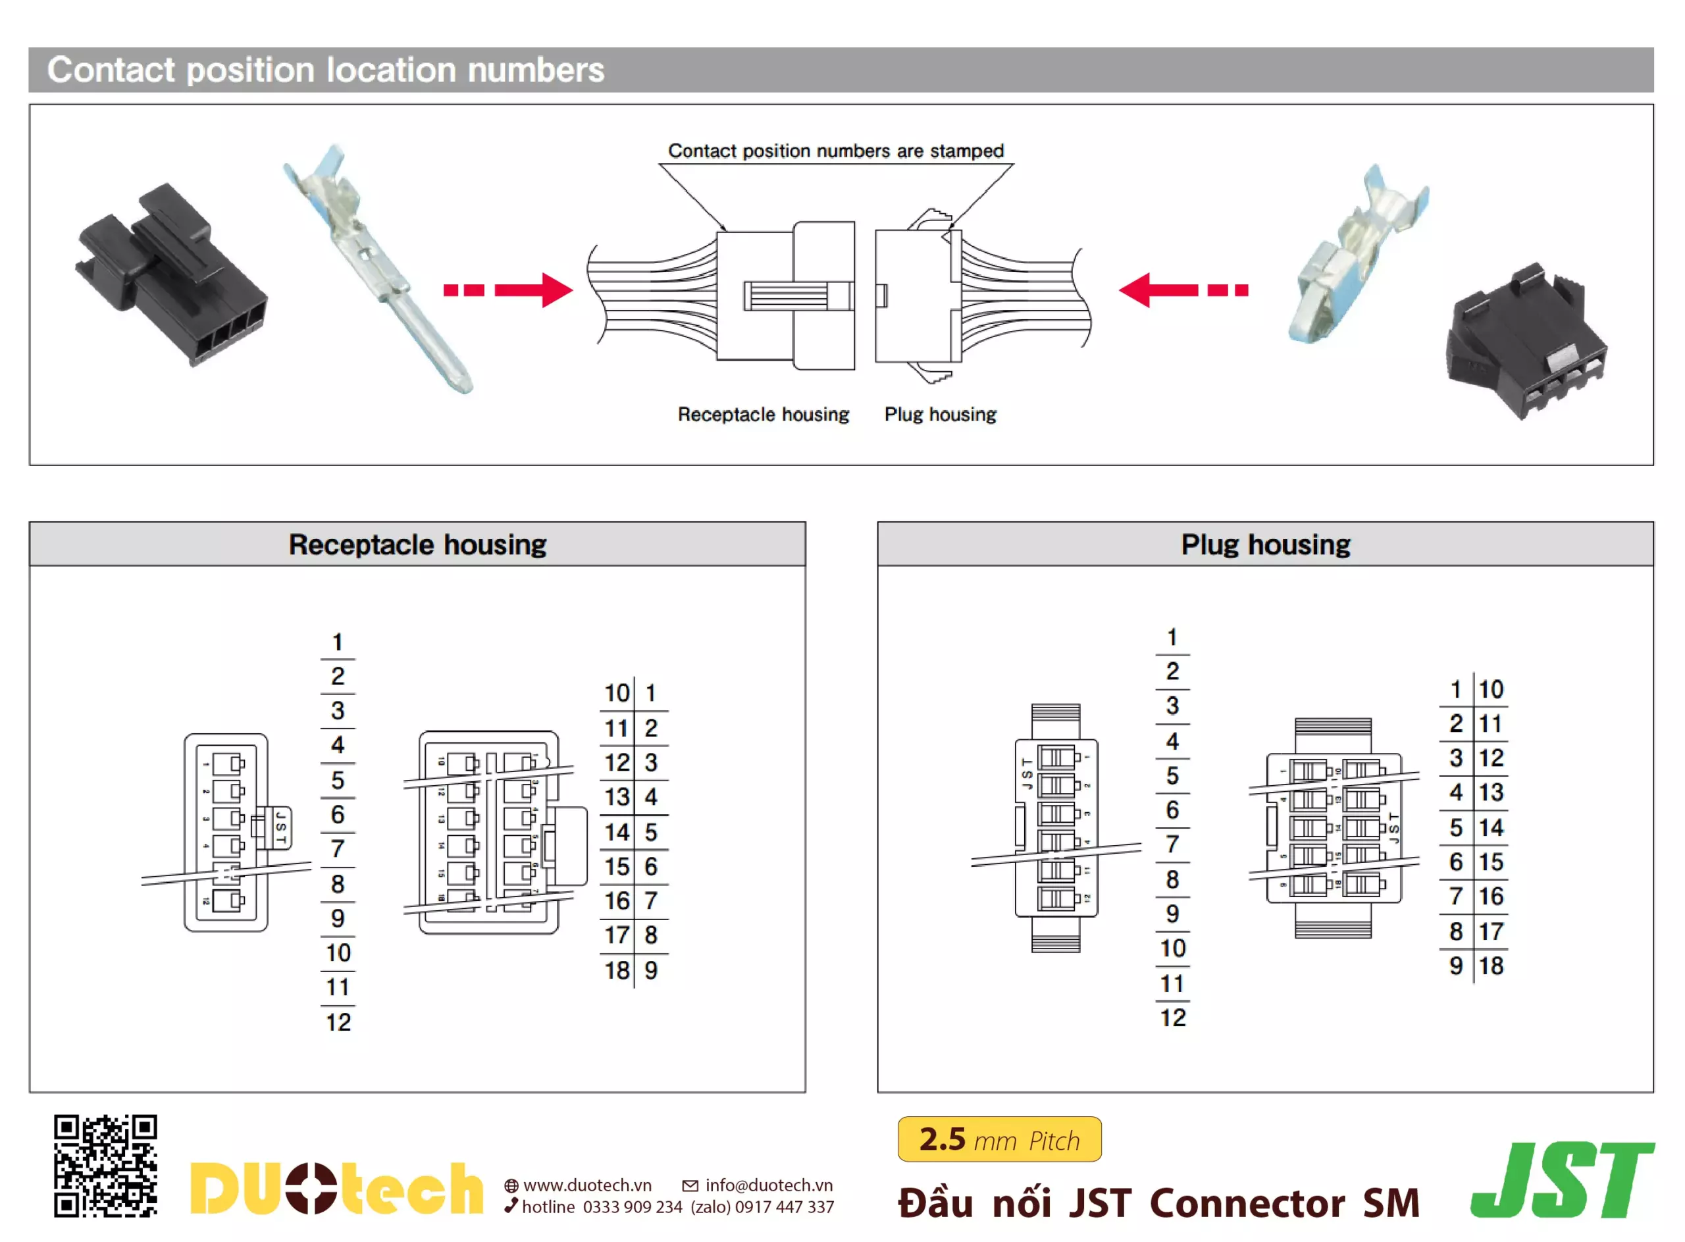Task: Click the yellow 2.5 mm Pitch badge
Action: pyautogui.click(x=998, y=1139)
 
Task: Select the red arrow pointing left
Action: pyautogui.click(x=1183, y=290)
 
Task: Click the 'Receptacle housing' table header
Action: pyautogui.click(x=417, y=544)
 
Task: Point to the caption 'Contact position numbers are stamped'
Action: pyautogui.click(x=835, y=151)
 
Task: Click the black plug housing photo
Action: pyautogui.click(x=1526, y=342)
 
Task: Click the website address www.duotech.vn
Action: pyautogui.click(x=586, y=1185)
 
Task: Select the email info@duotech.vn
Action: pyautogui.click(x=767, y=1185)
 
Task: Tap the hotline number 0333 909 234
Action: pyautogui.click(x=632, y=1206)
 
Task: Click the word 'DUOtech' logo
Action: pyautogui.click(x=336, y=1189)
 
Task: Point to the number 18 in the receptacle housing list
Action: pyautogui.click(x=617, y=970)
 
